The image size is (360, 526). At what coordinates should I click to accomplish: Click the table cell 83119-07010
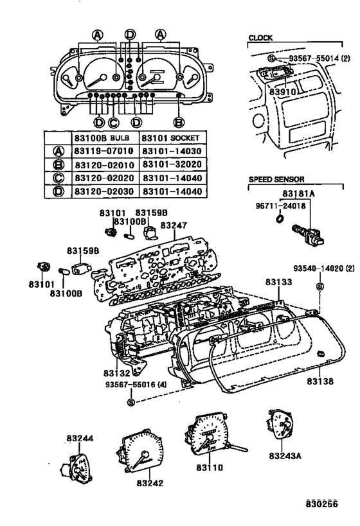(x=104, y=151)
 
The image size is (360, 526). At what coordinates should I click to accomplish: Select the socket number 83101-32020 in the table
(x=172, y=164)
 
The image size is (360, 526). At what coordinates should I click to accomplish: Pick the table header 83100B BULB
(x=102, y=138)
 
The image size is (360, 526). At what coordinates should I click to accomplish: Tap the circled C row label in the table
(x=59, y=178)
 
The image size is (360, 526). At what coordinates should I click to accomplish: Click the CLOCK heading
(x=260, y=38)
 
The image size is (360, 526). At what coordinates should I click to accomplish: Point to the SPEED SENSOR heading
(x=276, y=179)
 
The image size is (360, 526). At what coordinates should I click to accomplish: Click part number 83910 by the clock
(x=282, y=92)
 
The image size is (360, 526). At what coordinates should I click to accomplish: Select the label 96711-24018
(x=281, y=206)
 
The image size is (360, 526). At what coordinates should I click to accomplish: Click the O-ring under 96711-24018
(x=280, y=219)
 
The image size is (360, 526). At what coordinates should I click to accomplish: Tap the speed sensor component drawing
(x=308, y=234)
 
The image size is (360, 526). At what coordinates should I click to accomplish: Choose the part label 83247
(x=174, y=225)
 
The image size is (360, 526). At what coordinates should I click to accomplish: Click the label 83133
(x=279, y=282)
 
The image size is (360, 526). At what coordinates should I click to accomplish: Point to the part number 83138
(x=320, y=381)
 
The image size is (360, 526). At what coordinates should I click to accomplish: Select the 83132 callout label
(x=116, y=373)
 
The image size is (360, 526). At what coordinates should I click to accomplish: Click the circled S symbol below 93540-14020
(x=320, y=286)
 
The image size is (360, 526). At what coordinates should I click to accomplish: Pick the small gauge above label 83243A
(x=280, y=425)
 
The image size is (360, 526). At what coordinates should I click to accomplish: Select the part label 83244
(x=80, y=438)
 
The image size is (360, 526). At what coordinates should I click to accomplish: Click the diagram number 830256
(x=321, y=504)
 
